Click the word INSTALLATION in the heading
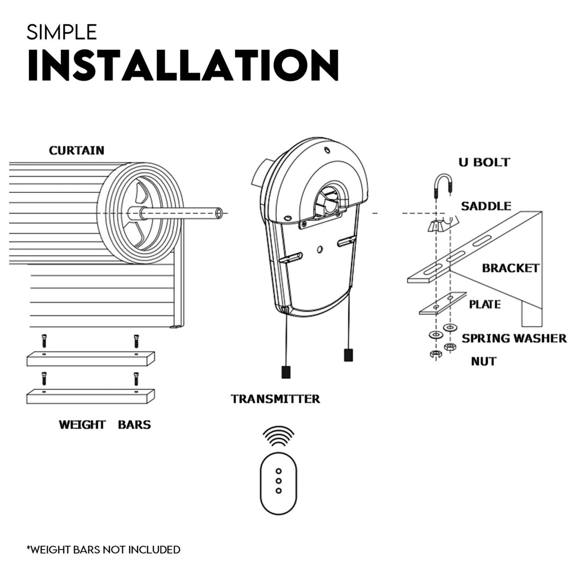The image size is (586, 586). tap(183, 66)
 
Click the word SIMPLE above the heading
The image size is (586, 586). tap(62, 32)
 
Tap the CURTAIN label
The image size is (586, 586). tap(77, 150)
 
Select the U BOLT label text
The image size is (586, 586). tap(484, 162)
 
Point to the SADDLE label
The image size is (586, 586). tap(486, 206)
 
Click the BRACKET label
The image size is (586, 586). tap(510, 268)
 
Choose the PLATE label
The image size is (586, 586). tap(485, 304)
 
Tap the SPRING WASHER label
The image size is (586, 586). tap(514, 338)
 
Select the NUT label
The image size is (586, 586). tap(483, 361)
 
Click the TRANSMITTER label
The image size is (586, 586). tap(275, 399)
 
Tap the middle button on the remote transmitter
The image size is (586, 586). tap(279, 481)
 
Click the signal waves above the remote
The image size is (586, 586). tap(278, 436)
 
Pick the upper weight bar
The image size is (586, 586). tap(90, 358)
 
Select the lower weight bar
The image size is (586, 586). tap(90, 396)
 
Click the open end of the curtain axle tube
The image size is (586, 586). tap(219, 213)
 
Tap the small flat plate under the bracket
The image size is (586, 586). tap(442, 303)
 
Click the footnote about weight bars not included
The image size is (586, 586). tap(103, 550)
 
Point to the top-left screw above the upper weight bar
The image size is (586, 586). tap(44, 341)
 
